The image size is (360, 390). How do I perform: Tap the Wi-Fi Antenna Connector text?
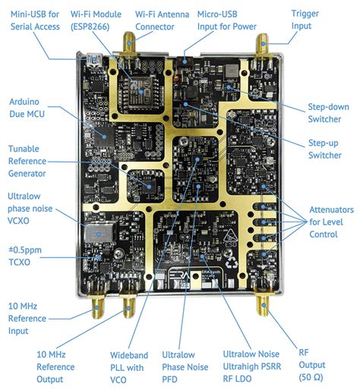[x=161, y=20]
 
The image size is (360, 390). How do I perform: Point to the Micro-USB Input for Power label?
[x=226, y=20]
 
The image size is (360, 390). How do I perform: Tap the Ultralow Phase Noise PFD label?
[x=185, y=367]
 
